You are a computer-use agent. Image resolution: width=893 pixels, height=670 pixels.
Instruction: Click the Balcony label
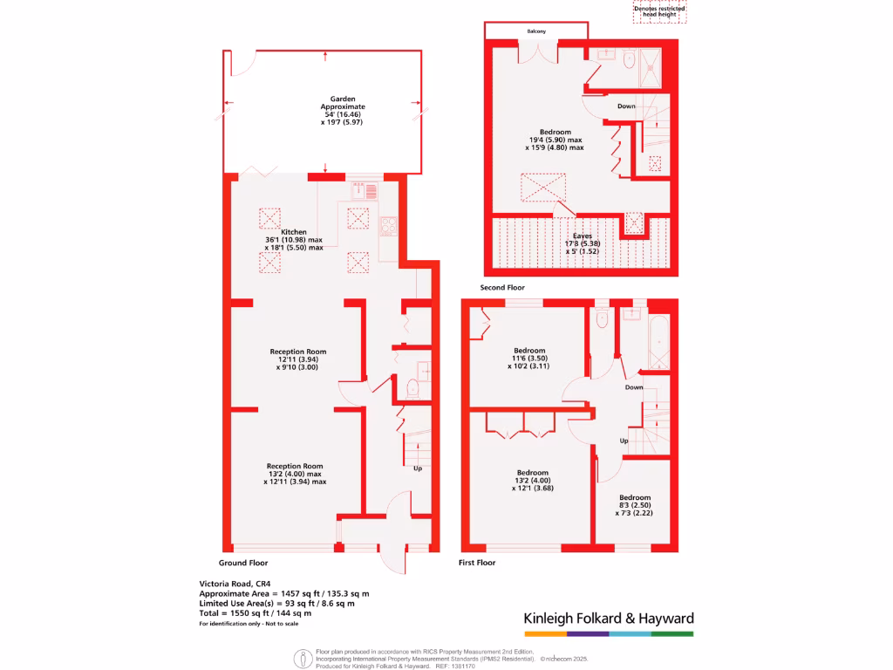pyautogui.click(x=536, y=31)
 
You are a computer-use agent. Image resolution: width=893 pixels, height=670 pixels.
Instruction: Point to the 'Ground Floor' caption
pyautogui.click(x=243, y=563)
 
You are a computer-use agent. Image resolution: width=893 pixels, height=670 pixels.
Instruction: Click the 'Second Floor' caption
pyautogui.click(x=502, y=287)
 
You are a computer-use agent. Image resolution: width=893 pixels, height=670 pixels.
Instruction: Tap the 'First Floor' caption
pyautogui.click(x=477, y=563)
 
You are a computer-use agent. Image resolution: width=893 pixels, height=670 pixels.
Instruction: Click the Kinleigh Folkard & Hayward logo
pyautogui.click(x=609, y=619)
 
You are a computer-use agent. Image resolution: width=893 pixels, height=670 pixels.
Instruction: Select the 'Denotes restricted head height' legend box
pyautogui.click(x=659, y=11)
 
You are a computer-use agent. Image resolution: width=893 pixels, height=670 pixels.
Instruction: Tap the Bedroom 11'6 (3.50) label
pyautogui.click(x=530, y=358)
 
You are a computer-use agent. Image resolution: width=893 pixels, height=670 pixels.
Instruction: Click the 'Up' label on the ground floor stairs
pyautogui.click(x=418, y=468)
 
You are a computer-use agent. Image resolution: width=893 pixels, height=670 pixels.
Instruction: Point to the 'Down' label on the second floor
pyautogui.click(x=626, y=106)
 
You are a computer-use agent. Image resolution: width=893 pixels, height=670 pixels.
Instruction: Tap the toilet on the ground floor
pyautogui.click(x=413, y=386)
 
